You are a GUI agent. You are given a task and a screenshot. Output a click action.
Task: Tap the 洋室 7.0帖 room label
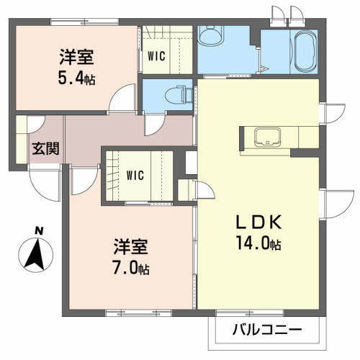pyautogui.click(x=131, y=258)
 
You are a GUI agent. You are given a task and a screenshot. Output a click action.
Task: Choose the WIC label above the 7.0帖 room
pyautogui.click(x=134, y=175)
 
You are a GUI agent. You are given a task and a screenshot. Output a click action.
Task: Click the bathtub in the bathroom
pyautogui.click(x=306, y=52)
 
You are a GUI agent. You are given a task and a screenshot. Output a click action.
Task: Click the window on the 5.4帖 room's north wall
pyautogui.click(x=72, y=24)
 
